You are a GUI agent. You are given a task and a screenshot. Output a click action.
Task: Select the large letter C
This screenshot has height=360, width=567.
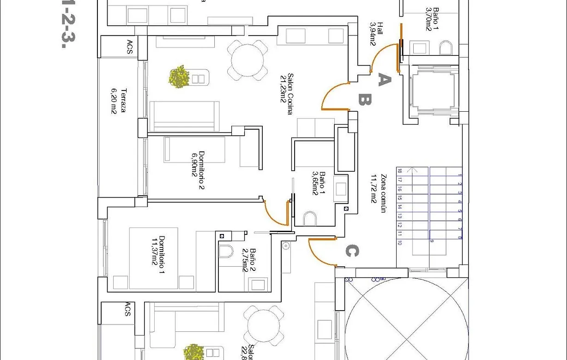click(x=351, y=251)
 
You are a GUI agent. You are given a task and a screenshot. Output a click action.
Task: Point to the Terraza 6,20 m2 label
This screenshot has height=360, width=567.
click(x=118, y=101)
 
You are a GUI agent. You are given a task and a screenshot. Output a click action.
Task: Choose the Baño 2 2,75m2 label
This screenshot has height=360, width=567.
click(x=249, y=260)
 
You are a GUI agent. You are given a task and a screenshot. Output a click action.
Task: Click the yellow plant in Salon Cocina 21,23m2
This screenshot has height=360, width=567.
click(x=179, y=77)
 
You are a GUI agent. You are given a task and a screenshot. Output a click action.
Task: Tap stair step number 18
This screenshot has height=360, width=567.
click(x=399, y=170)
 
